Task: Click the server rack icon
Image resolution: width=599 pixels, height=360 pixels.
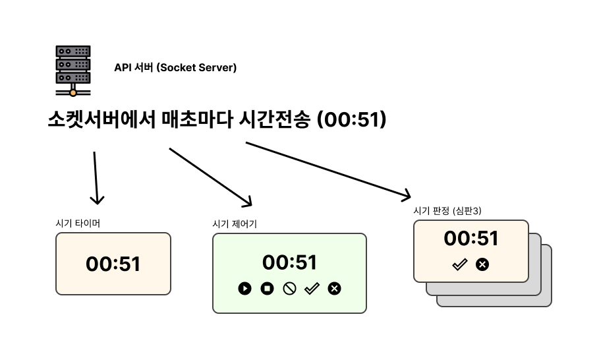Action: [73, 71]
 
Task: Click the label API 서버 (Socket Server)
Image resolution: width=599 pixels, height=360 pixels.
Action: [175, 68]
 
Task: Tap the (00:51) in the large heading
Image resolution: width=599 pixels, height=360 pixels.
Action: [352, 119]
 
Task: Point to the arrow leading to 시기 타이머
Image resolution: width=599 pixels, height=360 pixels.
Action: [96, 178]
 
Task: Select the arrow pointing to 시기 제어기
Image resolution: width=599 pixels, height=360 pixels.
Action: [210, 177]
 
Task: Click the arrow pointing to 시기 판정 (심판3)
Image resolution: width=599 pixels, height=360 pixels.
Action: [328, 171]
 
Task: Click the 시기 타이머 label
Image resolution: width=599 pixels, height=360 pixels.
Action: [78, 223]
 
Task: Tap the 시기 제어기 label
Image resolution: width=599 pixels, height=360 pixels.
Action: [235, 224]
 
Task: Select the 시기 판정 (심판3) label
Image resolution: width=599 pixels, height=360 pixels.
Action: [447, 210]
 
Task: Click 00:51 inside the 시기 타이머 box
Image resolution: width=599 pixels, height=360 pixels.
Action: [113, 264]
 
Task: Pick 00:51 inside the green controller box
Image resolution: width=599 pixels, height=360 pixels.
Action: [289, 262]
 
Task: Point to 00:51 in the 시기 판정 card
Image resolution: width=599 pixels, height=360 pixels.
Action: [471, 239]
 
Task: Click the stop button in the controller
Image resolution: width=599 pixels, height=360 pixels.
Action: [267, 288]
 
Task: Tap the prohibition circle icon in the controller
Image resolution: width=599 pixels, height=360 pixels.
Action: [289, 289]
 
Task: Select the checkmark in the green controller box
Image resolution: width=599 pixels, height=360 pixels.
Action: [312, 289]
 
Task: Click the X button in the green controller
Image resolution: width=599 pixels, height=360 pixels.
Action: [334, 289]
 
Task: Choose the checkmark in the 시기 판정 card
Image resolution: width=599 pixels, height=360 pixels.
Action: [459, 264]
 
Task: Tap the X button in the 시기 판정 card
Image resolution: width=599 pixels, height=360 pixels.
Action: [482, 264]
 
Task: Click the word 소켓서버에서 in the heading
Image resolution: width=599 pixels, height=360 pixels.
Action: [101, 119]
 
